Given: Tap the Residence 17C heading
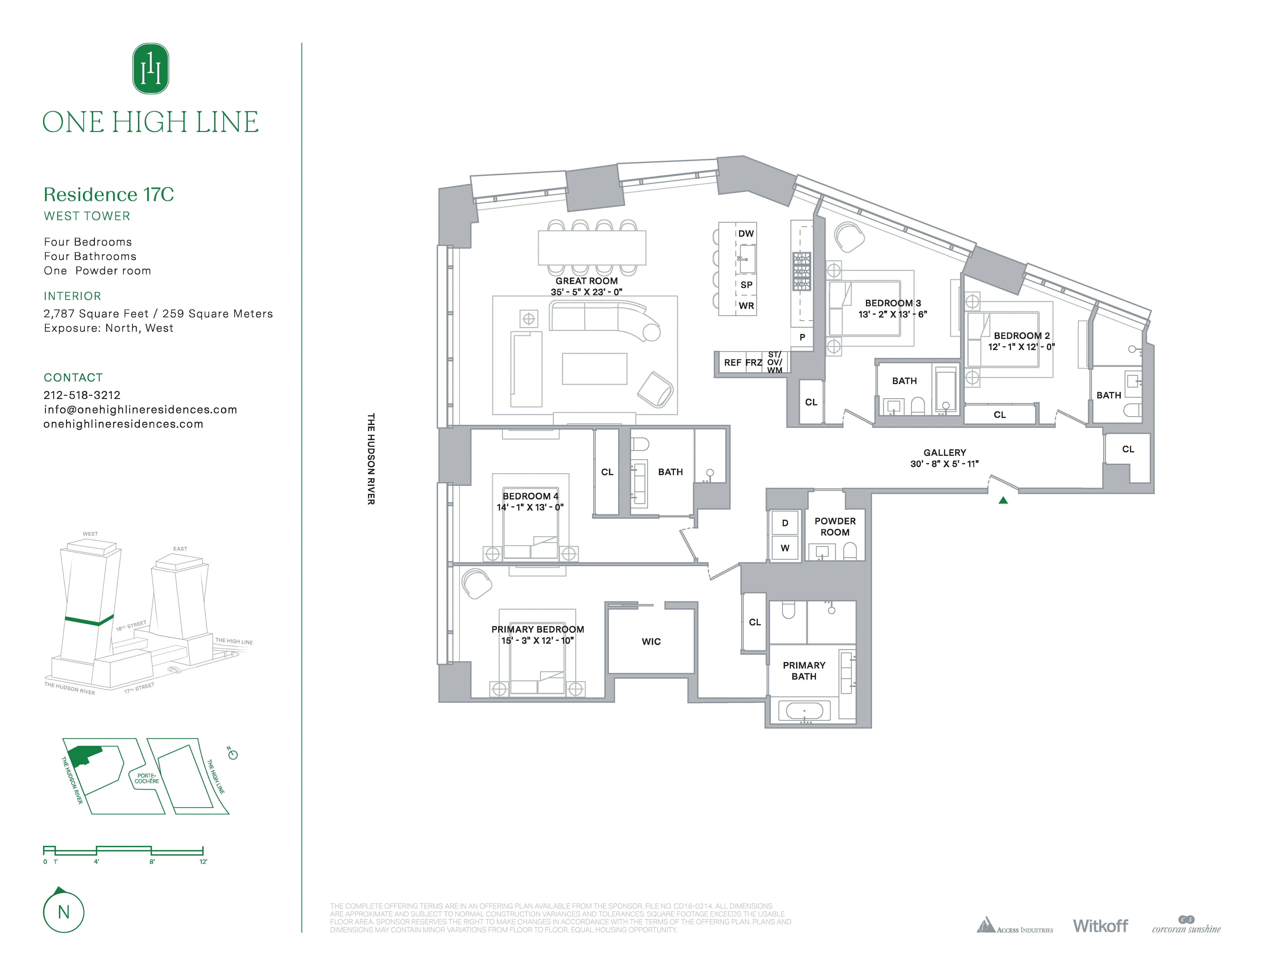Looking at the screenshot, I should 109,194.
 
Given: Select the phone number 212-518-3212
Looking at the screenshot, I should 82,395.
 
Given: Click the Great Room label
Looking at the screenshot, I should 586,281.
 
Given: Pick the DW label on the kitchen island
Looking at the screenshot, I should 746,234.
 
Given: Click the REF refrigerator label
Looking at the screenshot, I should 732,362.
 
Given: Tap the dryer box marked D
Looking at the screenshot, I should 785,523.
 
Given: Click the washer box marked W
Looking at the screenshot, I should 785,548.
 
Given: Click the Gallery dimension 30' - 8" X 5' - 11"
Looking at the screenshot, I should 944,464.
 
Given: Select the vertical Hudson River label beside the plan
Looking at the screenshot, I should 371,458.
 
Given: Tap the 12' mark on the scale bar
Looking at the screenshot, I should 203,861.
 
